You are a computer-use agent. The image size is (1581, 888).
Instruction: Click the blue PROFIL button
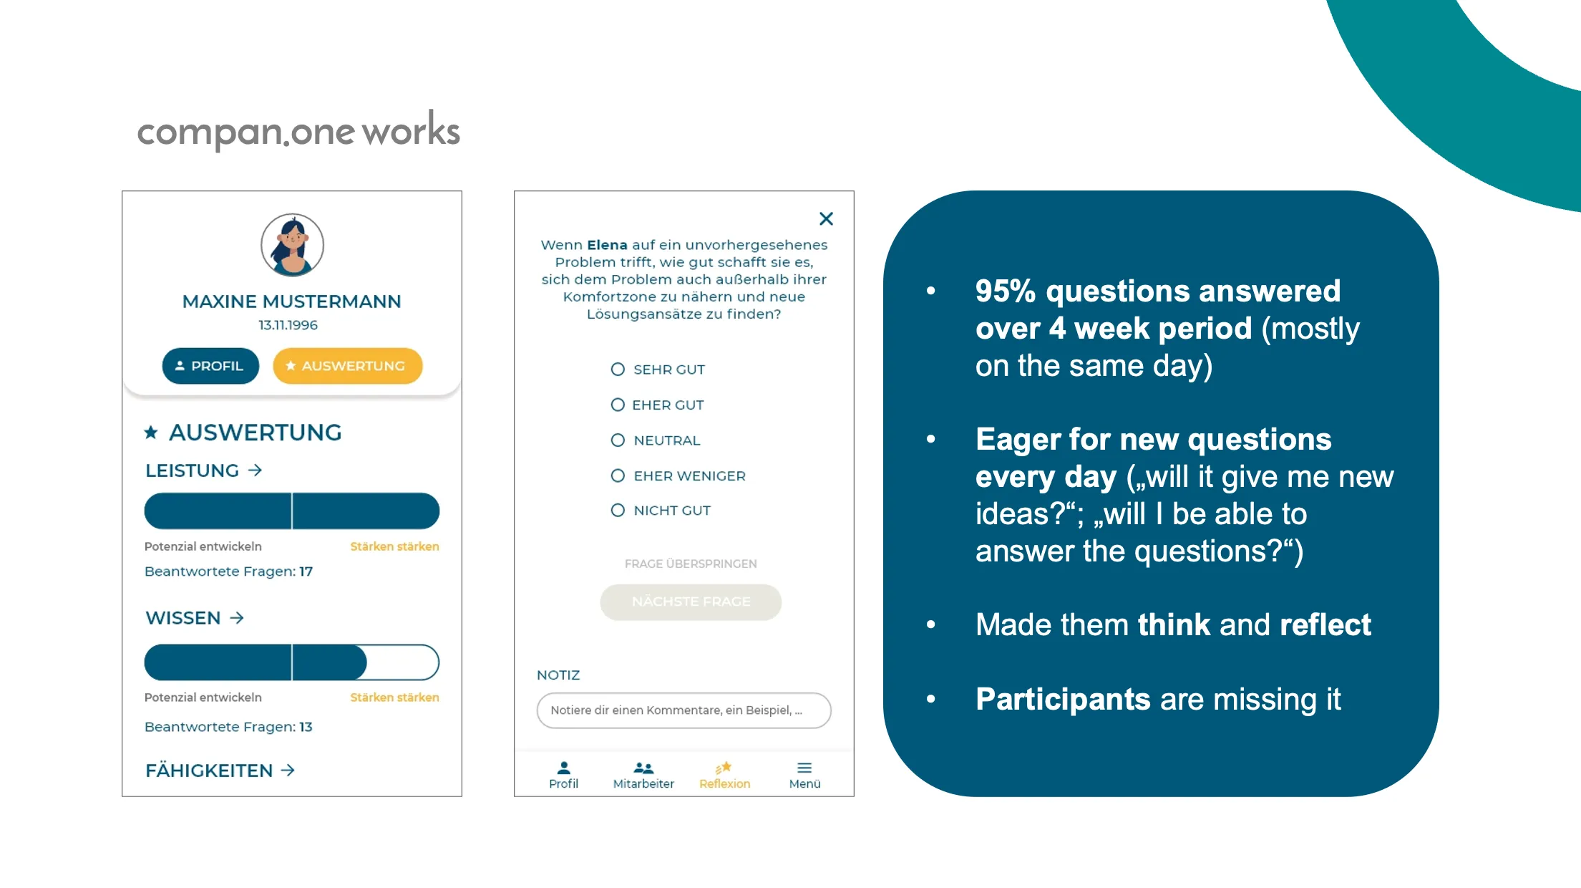pyautogui.click(x=210, y=366)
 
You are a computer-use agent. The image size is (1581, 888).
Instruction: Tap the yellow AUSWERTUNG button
pyautogui.click(x=347, y=366)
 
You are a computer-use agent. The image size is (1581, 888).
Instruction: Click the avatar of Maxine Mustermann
pyautogui.click(x=292, y=245)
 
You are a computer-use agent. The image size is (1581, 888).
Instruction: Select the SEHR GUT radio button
pyautogui.click(x=618, y=370)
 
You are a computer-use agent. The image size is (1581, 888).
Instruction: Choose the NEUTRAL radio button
pyautogui.click(x=618, y=440)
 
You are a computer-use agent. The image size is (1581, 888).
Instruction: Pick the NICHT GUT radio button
pyautogui.click(x=618, y=511)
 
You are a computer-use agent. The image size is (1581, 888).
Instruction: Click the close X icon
pyautogui.click(x=826, y=218)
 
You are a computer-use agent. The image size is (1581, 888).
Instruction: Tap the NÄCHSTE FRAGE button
pyautogui.click(x=691, y=602)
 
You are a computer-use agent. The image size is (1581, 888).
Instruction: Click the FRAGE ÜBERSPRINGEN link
pyautogui.click(x=691, y=564)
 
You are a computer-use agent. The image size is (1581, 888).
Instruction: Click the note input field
pyautogui.click(x=684, y=710)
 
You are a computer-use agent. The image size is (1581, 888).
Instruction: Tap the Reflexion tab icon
pyautogui.click(x=724, y=768)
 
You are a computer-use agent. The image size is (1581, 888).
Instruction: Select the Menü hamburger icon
pyautogui.click(x=804, y=768)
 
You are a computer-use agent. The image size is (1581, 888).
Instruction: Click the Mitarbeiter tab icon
pyautogui.click(x=643, y=768)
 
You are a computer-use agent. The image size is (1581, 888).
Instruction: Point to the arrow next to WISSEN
pyautogui.click(x=237, y=618)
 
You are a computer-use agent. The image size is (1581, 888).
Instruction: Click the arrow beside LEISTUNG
pyautogui.click(x=255, y=470)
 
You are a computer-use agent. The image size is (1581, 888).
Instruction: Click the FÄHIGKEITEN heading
pyautogui.click(x=209, y=771)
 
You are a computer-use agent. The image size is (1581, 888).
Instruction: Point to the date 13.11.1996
pyautogui.click(x=288, y=325)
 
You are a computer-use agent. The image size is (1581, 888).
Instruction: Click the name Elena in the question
pyautogui.click(x=607, y=245)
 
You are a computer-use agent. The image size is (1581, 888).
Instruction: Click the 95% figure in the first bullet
pyautogui.click(x=1006, y=291)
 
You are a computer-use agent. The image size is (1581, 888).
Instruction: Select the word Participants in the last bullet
pyautogui.click(x=1063, y=700)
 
